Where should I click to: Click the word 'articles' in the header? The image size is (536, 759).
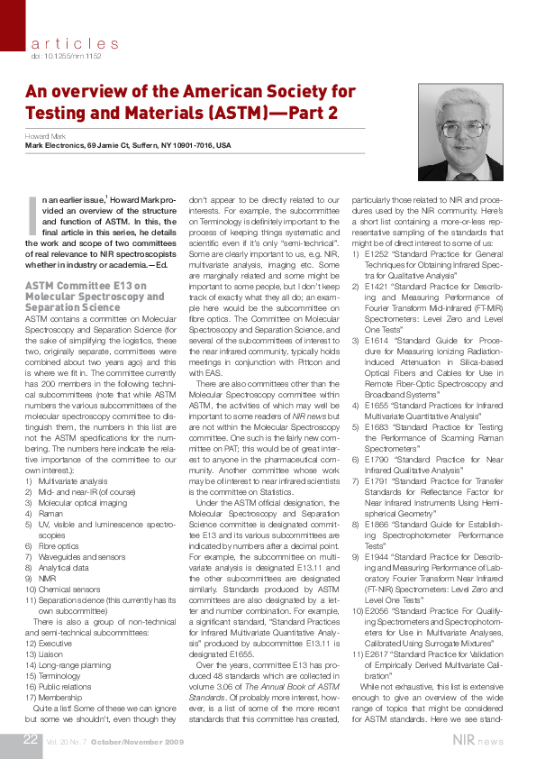point(74,43)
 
